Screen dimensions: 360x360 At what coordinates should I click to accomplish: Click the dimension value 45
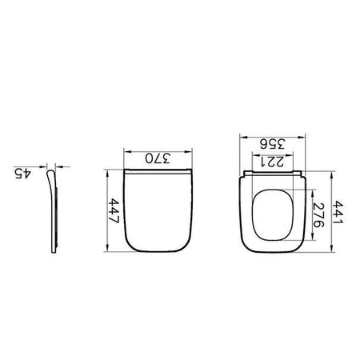(22, 174)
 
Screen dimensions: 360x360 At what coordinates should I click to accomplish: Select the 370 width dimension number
(158, 158)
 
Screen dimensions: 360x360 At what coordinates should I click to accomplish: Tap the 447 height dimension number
(114, 210)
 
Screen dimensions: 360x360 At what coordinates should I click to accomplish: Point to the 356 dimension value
(273, 144)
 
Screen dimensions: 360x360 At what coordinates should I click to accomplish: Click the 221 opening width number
(272, 162)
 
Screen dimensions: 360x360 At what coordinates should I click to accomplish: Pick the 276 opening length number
(318, 215)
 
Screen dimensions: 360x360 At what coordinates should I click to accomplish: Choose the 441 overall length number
(338, 213)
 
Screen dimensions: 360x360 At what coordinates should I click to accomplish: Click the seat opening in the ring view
(272, 215)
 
